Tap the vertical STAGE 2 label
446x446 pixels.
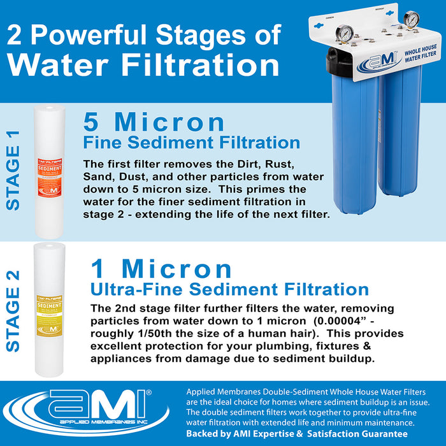point(13,310)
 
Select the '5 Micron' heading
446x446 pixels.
point(154,122)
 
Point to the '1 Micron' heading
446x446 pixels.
point(161,268)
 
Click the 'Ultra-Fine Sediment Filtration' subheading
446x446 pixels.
point(229,290)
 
